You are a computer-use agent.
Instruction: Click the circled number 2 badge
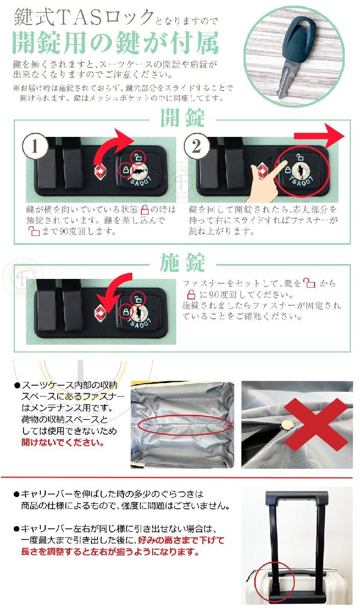pyautogui.click(x=196, y=147)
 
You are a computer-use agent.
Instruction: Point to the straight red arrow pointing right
pyautogui.click(x=320, y=136)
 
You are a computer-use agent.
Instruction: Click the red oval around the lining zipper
pyautogui.click(x=184, y=426)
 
